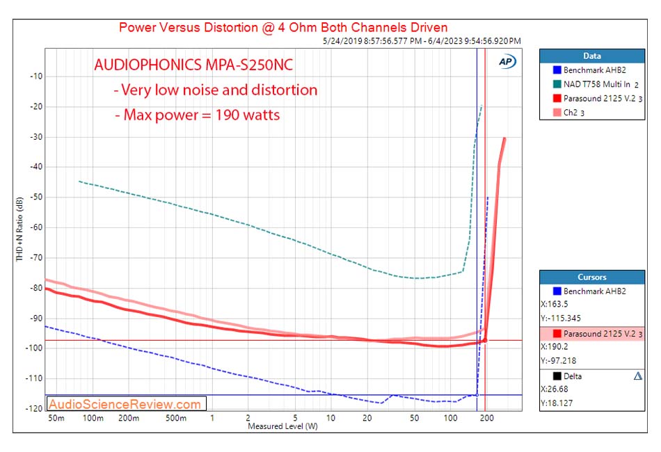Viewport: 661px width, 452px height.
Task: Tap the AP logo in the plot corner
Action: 507,61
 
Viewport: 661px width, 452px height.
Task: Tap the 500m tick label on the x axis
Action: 176,418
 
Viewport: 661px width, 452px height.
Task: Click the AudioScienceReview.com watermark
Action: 126,404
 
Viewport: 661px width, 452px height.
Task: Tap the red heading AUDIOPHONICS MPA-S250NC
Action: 193,67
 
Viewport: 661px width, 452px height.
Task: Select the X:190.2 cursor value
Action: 555,346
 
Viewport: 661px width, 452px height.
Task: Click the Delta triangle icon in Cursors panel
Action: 637,376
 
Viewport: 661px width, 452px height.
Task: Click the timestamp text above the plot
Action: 422,41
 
